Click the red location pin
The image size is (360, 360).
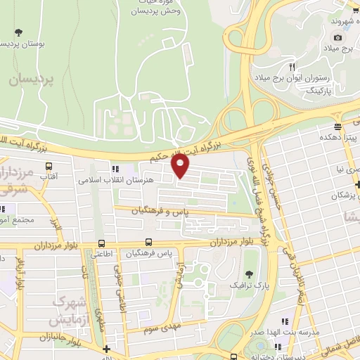click(181, 166)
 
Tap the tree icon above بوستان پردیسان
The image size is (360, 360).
click(18, 32)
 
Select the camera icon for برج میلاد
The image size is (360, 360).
click(338, 37)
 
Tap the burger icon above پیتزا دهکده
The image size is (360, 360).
click(338, 127)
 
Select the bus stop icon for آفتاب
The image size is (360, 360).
click(49, 167)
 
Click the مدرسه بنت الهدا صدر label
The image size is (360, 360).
click(300, 330)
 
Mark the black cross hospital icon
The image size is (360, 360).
click(106, 349)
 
